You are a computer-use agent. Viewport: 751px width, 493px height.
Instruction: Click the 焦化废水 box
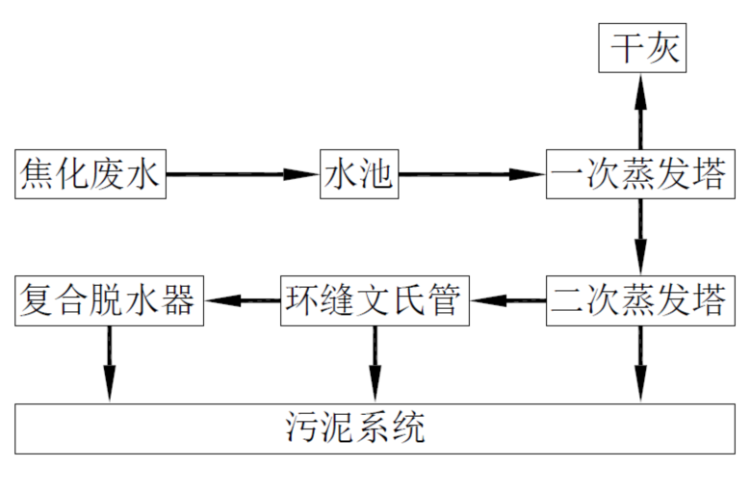tap(91, 174)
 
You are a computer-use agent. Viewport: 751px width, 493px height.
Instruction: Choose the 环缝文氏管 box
tap(375, 301)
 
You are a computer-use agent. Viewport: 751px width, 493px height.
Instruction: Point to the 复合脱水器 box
tap(109, 301)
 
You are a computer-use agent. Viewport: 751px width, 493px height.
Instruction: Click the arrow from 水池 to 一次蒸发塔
tap(471, 174)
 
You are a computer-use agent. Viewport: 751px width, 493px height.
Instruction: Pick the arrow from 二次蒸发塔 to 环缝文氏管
tap(508, 301)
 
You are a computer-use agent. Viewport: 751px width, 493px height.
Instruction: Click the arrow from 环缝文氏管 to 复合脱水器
tap(242, 301)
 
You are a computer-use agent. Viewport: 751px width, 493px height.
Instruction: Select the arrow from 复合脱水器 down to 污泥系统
tap(109, 364)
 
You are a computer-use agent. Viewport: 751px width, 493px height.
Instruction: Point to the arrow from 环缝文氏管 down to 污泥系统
tap(375, 364)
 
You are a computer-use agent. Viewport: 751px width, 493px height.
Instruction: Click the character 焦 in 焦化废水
tap(37, 175)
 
